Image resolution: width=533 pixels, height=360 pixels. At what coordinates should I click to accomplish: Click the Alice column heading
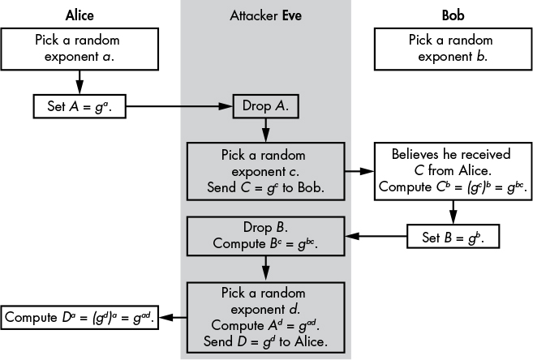point(79,15)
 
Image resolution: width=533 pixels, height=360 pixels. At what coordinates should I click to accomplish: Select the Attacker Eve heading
point(265,15)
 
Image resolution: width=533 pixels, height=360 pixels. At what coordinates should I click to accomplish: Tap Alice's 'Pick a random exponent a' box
point(79,49)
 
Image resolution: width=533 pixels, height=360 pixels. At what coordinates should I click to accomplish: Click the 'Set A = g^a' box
point(80,105)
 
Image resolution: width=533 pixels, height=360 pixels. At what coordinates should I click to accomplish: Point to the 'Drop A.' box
point(265,105)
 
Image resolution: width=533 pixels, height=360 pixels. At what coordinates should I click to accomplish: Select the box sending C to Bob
point(265,172)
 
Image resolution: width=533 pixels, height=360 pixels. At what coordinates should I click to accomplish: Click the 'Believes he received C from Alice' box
point(452,172)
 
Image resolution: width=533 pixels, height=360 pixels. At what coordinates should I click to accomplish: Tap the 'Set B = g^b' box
point(451,237)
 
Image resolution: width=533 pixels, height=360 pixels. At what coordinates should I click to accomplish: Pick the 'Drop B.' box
point(265,236)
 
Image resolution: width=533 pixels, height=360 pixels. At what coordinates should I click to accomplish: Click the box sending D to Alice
point(265,315)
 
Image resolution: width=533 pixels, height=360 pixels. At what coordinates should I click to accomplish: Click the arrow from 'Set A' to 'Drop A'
point(179,105)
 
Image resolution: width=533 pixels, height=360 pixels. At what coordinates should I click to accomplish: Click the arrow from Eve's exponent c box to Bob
point(359,172)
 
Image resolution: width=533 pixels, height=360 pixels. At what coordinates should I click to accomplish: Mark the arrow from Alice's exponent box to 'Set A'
point(79,82)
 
